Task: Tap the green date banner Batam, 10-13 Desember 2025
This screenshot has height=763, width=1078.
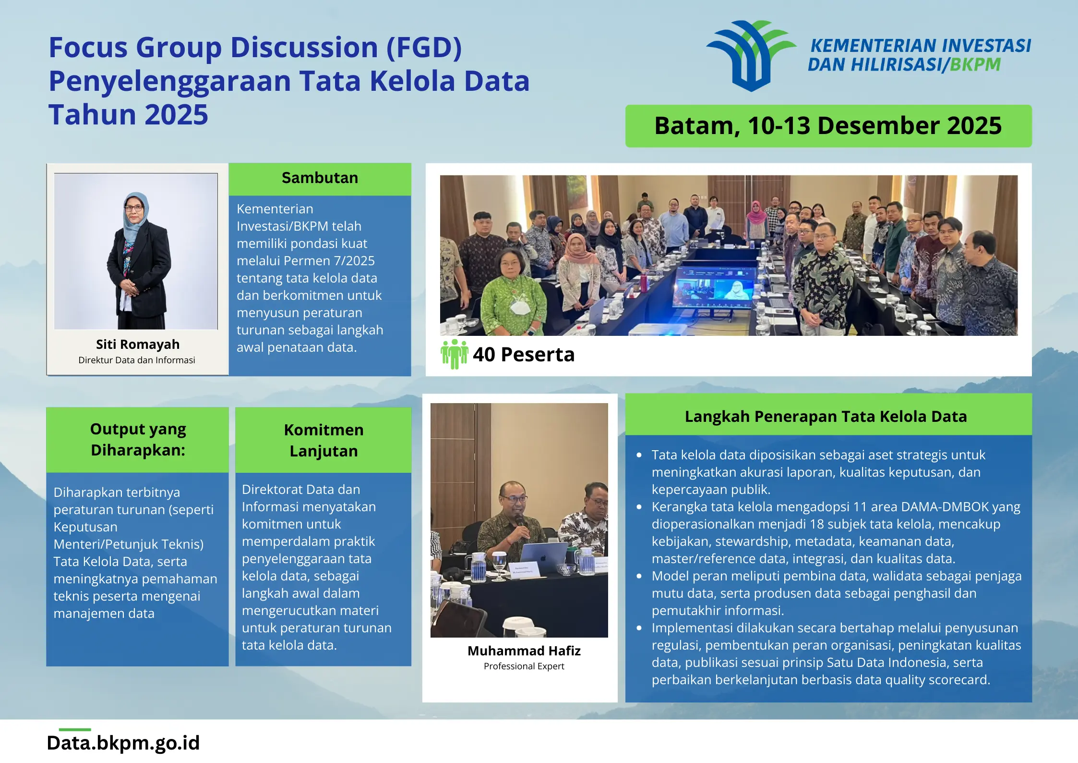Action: pyautogui.click(x=828, y=126)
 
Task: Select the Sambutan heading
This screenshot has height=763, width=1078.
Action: pyautogui.click(x=320, y=178)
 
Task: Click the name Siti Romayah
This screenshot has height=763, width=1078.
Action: pyautogui.click(x=138, y=344)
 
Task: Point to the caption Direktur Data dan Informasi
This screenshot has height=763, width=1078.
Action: pyautogui.click(x=137, y=360)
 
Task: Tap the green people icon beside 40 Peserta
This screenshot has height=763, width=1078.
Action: pyautogui.click(x=454, y=354)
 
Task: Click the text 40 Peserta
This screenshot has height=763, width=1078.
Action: pyautogui.click(x=524, y=354)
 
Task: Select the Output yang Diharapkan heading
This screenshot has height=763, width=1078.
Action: pyautogui.click(x=138, y=439)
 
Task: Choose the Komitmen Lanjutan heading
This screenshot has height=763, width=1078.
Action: pyautogui.click(x=323, y=440)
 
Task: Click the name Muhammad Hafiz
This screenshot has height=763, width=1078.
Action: pyautogui.click(x=524, y=651)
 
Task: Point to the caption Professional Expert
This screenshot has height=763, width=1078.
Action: pyautogui.click(x=524, y=666)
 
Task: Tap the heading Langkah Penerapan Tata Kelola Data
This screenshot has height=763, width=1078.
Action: pyautogui.click(x=826, y=416)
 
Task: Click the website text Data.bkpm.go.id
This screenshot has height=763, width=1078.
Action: pyautogui.click(x=123, y=743)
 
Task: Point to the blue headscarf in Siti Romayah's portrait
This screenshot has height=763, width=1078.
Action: pyautogui.click(x=136, y=216)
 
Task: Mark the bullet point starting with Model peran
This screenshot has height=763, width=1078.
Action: pyautogui.click(x=638, y=576)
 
